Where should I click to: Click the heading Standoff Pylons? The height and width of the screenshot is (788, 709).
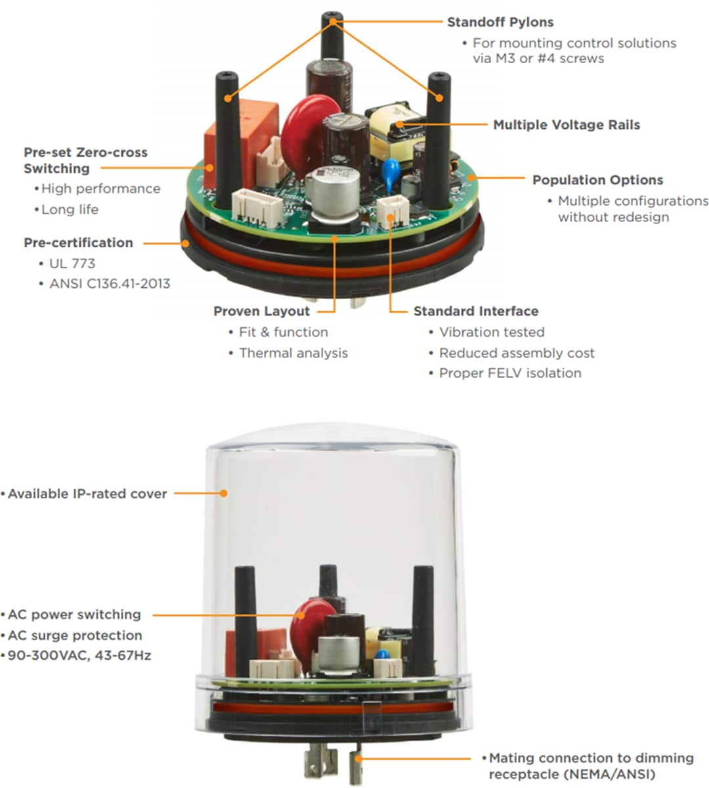tap(500, 22)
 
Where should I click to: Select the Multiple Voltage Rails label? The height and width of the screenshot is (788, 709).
tap(566, 125)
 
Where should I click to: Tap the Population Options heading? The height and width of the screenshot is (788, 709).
tap(597, 180)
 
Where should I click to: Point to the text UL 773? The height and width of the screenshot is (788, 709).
tap(72, 264)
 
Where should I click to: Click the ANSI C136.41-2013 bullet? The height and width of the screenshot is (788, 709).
tap(109, 284)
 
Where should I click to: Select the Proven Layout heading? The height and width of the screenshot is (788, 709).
tap(261, 312)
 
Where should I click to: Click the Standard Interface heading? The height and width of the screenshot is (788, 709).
tap(475, 312)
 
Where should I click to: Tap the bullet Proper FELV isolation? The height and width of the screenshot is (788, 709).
tap(509, 373)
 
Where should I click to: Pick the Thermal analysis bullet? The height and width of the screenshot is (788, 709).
tap(293, 353)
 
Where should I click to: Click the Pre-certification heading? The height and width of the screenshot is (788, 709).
tap(78, 243)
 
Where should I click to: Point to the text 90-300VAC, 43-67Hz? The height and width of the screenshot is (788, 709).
tap(79, 655)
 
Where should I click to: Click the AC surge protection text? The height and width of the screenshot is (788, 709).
tap(74, 636)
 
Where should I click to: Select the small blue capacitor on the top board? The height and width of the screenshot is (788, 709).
tap(392, 168)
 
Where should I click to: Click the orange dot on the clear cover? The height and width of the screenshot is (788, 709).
tap(224, 493)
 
